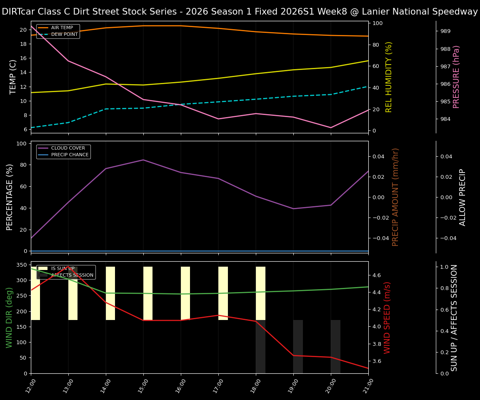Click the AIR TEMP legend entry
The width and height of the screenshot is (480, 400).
[x=62, y=28]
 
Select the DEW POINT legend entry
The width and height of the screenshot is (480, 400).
[x=64, y=35]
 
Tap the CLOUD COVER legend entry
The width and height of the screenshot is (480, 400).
[x=68, y=148]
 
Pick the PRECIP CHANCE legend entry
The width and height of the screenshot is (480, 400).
[x=70, y=155]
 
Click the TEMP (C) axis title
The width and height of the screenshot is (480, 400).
[x=13, y=77]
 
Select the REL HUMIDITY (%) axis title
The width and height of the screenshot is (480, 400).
[x=389, y=77]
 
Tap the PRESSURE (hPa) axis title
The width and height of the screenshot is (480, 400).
[x=456, y=77]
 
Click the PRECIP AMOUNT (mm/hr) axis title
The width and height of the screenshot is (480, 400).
[x=395, y=197]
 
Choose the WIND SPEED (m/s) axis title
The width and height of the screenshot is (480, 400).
[x=387, y=317]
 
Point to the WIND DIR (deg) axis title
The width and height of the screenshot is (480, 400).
[x=9, y=317]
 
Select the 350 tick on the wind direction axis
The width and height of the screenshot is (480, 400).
[x=22, y=265]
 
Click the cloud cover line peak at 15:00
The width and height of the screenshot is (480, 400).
[x=143, y=160]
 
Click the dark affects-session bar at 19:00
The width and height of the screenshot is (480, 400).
[x=298, y=346]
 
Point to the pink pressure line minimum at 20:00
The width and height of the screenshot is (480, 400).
[x=331, y=127]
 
